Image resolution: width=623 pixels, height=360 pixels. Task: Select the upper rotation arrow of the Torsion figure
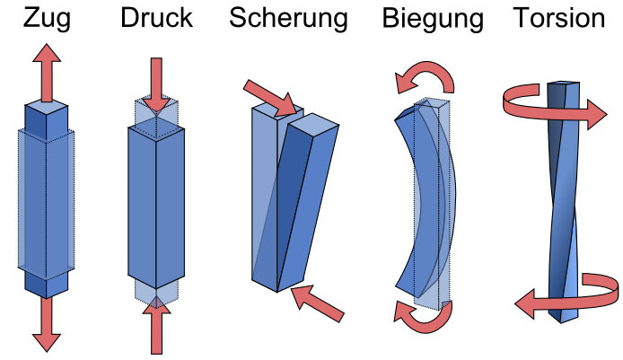click(557, 107)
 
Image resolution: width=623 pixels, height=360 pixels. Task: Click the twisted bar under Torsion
click(563, 198)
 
